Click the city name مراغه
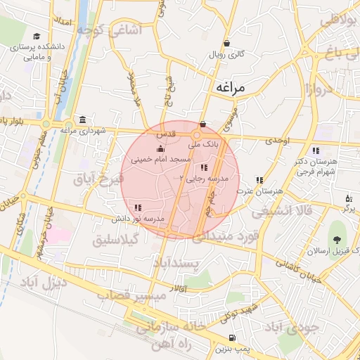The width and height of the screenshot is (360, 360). [229, 88]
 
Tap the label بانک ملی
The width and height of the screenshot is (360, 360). [207, 143]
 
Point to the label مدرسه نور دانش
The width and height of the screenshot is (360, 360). [139, 219]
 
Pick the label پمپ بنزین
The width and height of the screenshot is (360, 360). [232, 349]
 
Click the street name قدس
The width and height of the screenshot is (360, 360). [165, 133]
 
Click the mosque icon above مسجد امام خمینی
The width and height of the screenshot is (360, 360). [161, 149]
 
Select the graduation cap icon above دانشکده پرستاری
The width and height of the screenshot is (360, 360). [37, 37]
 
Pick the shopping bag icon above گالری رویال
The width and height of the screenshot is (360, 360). [226, 43]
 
